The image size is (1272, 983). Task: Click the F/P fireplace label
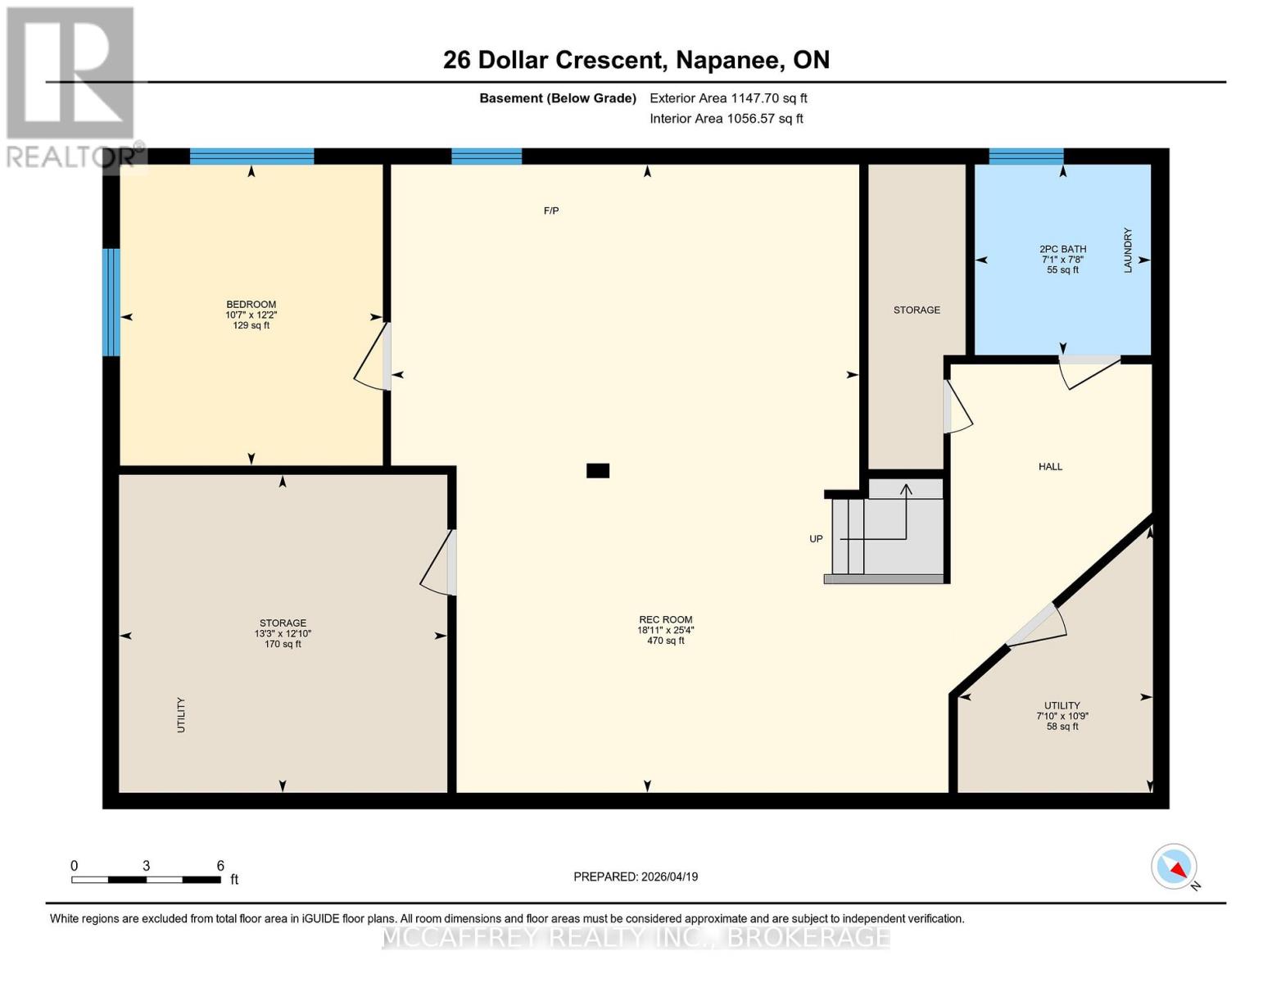(x=551, y=211)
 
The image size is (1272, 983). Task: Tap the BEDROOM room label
(x=251, y=305)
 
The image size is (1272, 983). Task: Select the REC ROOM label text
(x=665, y=620)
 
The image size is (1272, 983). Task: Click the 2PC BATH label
(x=1062, y=249)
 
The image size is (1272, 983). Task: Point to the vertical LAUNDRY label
(x=1128, y=251)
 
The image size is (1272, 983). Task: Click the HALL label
(x=1050, y=467)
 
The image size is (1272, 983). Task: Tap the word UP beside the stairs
(x=816, y=539)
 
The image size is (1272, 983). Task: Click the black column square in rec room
(x=598, y=471)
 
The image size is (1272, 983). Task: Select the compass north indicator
(x=1175, y=867)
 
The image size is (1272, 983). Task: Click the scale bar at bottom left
(x=146, y=880)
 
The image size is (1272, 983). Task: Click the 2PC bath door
(x=1088, y=370)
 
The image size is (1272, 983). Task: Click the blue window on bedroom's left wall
(x=111, y=302)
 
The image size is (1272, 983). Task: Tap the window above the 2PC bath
(x=1025, y=156)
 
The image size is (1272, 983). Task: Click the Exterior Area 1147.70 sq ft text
(x=728, y=98)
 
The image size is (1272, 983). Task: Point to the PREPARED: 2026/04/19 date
(x=636, y=877)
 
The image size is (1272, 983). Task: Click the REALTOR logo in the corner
(x=71, y=86)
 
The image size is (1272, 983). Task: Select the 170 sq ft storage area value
(x=283, y=645)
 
